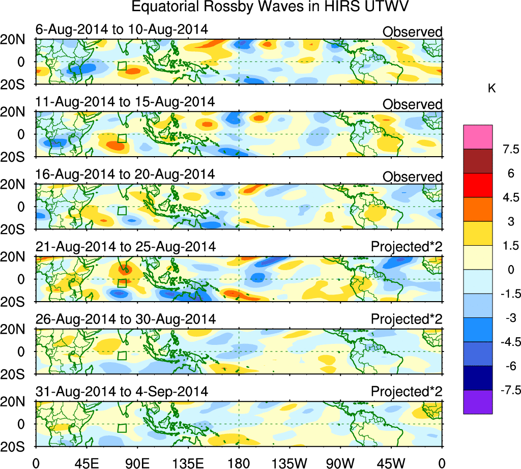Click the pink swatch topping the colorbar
478,137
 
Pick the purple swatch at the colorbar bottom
478,402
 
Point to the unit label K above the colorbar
491,89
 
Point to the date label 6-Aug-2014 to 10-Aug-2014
122,30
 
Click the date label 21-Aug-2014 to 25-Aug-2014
126,247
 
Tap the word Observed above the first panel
412,32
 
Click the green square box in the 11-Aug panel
122,138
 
